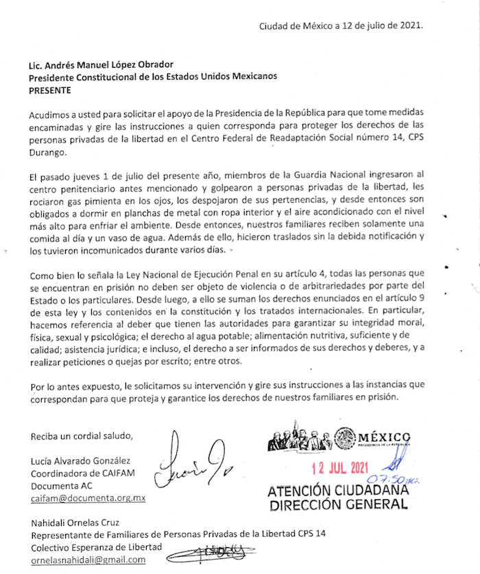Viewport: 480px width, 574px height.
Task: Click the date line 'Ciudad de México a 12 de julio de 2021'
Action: [341, 27]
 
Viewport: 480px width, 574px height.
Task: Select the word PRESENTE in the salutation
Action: [50, 89]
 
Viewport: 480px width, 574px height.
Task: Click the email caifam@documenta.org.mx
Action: [88, 499]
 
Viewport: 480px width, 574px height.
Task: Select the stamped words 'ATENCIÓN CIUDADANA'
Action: [337, 491]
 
